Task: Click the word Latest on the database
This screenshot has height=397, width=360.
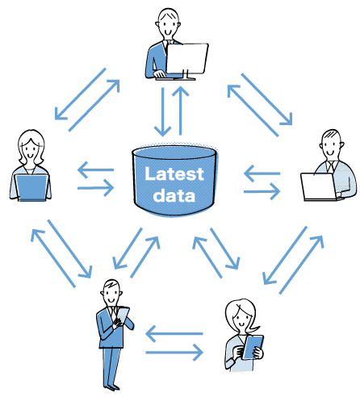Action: (174, 174)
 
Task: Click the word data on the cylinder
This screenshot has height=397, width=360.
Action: (174, 195)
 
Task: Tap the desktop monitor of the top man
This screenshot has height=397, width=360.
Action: (187, 59)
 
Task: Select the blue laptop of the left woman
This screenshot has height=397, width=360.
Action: (31, 188)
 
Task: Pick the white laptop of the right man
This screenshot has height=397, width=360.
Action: (319, 186)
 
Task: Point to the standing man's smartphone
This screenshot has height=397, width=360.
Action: (123, 315)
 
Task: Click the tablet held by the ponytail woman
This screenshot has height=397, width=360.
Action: (253, 347)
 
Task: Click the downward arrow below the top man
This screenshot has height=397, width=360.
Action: (162, 111)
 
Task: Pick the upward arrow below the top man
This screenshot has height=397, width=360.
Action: (181, 111)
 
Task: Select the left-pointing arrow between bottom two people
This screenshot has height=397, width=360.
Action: (174, 334)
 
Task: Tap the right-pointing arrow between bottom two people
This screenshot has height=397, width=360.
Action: (174, 353)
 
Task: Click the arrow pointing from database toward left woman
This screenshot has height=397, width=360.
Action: (95, 169)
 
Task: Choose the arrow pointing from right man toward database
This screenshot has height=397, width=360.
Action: (262, 173)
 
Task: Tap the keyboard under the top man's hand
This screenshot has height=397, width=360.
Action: (175, 78)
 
